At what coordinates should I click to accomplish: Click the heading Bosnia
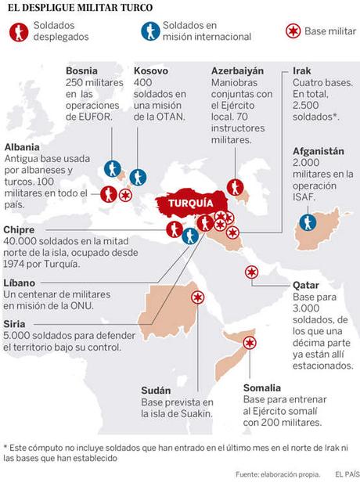coord(83,71)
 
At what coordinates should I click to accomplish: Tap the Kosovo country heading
coord(151,71)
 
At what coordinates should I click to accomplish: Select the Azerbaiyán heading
coord(237,71)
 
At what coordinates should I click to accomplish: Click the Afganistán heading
coord(321,151)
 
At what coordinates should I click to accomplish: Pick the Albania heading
coord(22,146)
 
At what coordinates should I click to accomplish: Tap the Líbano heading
coord(20,281)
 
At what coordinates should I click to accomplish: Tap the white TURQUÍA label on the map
coord(189,203)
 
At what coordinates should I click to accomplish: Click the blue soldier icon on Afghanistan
coord(308,222)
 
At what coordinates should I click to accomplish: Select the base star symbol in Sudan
coord(198,297)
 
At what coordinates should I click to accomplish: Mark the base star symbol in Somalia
coord(250,343)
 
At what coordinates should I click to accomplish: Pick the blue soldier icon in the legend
coord(149,31)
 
